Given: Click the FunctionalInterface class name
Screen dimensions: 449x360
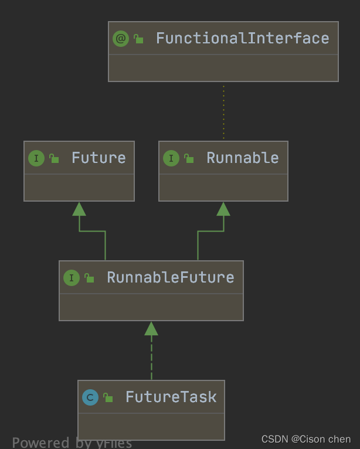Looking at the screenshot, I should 242,39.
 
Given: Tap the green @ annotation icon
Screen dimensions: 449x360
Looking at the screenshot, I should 121,39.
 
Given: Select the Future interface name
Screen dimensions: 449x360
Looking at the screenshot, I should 98,158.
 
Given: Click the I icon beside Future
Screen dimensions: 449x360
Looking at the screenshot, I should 36,158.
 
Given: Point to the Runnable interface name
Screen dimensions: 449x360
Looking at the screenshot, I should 242,158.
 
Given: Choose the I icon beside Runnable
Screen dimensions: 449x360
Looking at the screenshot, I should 171,158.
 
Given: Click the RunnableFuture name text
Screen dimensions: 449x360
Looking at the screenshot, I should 170,277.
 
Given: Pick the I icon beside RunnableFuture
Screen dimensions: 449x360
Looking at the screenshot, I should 72,278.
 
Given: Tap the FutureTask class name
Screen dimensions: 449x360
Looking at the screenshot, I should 171,397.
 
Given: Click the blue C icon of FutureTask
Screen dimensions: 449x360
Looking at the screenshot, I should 90,397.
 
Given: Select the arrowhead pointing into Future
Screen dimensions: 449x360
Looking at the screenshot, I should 79,209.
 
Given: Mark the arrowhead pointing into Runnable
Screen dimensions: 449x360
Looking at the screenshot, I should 223,209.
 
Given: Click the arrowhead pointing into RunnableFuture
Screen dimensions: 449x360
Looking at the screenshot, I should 151,328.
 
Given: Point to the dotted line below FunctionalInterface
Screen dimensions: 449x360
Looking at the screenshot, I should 223,111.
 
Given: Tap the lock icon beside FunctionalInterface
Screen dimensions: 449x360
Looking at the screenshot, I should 138,39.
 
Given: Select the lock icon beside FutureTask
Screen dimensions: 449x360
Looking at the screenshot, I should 108,398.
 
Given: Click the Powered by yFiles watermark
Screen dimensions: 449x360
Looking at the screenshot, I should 72,443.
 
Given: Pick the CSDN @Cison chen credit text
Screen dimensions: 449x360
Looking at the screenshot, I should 306,439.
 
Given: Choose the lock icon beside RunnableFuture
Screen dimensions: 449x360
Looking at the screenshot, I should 89,278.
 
